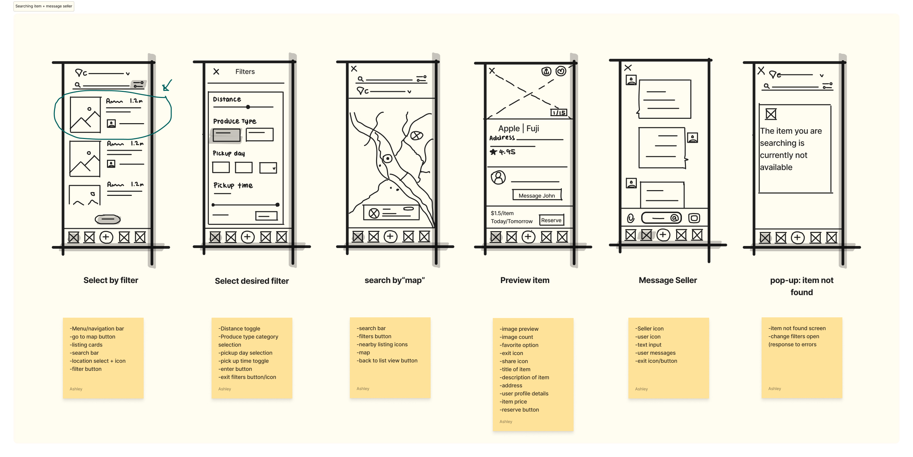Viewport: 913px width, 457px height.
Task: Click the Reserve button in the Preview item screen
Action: [x=551, y=220]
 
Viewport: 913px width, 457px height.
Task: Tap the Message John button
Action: [x=537, y=195]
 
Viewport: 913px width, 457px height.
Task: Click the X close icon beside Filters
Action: [x=216, y=72]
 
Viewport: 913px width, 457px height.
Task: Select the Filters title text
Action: [x=245, y=72]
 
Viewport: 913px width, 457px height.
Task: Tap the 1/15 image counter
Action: [x=558, y=112]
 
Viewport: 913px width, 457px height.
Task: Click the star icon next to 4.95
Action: [x=493, y=152]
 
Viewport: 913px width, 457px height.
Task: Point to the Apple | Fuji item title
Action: [x=518, y=128]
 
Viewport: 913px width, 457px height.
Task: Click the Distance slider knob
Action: [x=248, y=107]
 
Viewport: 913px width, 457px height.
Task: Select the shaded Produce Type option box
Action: [x=226, y=135]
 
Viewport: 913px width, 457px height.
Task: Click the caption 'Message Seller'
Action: [x=667, y=280]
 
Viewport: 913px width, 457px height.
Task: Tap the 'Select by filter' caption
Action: [x=111, y=280]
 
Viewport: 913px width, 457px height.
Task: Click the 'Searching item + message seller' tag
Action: [x=44, y=6]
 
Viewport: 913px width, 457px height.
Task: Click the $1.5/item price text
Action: [x=502, y=213]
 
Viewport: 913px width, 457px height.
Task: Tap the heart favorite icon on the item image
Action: [x=561, y=71]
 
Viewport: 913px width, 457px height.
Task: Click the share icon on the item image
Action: [x=546, y=72]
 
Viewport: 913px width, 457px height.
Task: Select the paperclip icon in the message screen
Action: [x=630, y=218]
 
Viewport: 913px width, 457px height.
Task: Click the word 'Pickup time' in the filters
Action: [x=233, y=185]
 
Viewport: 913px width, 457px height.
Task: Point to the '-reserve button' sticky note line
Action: [x=519, y=410]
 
